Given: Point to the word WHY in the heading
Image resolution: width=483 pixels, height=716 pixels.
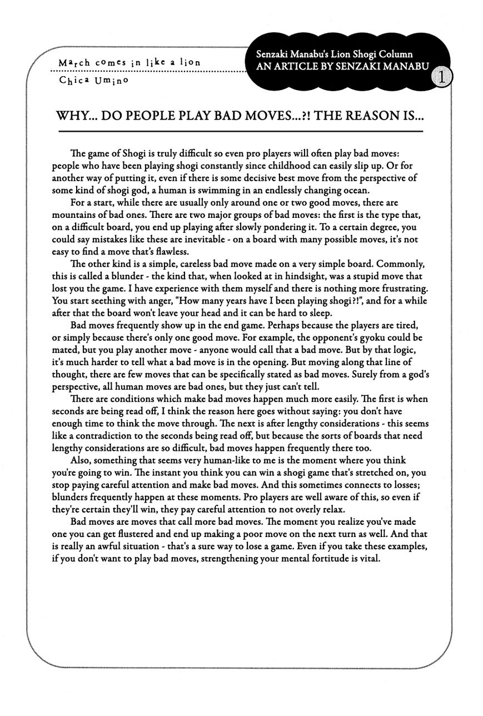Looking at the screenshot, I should [72, 118].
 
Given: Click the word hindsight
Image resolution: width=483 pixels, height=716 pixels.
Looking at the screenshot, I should [287, 276].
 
